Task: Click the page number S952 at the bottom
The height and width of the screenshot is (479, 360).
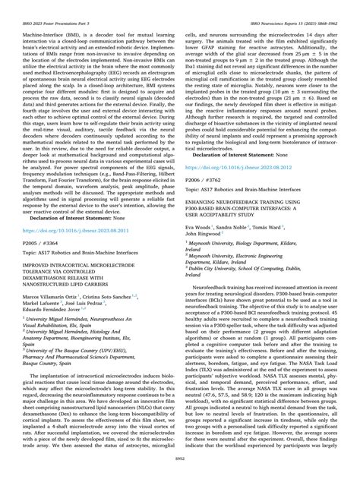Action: click(x=180, y=469)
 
